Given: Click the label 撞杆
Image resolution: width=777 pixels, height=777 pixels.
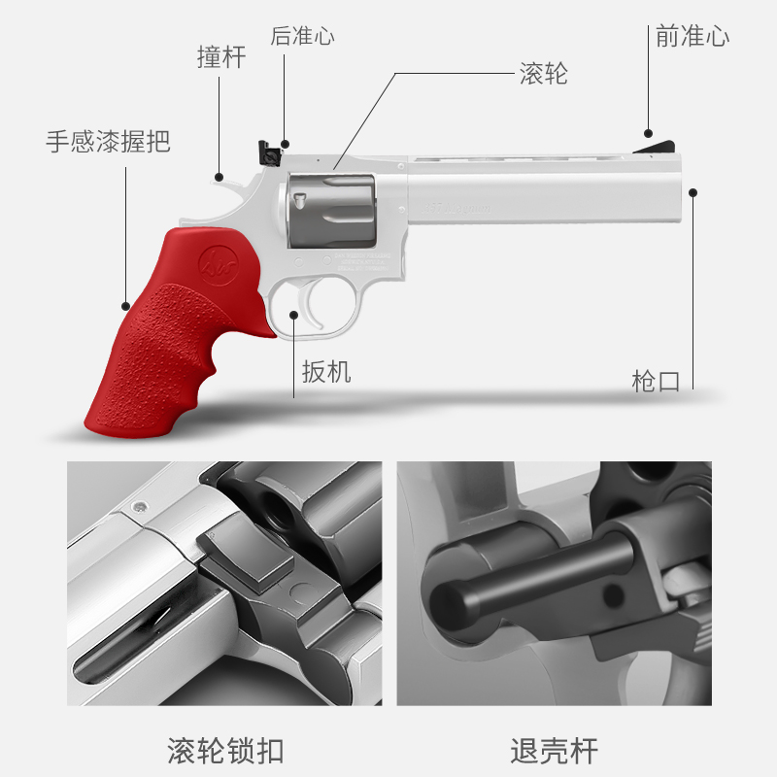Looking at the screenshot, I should point(221,57).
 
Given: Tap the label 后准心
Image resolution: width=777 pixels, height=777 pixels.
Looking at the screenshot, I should point(302,37).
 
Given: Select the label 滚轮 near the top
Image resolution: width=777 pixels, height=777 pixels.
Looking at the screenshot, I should point(544,75).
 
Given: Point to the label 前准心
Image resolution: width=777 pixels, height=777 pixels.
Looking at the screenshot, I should point(693,37).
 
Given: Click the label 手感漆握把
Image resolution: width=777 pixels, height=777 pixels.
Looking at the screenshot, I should point(108,141).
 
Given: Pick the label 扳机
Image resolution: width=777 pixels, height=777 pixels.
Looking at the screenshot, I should point(326,371).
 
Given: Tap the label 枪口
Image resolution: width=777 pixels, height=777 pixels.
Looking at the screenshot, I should point(657,381).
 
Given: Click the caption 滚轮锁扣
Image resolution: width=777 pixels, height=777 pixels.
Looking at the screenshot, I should point(226,751).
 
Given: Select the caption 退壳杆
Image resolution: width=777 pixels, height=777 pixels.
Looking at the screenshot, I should point(555,751).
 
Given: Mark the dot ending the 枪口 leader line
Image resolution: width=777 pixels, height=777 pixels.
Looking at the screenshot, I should point(693,191).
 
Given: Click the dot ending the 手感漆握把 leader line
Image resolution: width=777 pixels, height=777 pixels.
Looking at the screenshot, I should point(125,307).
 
